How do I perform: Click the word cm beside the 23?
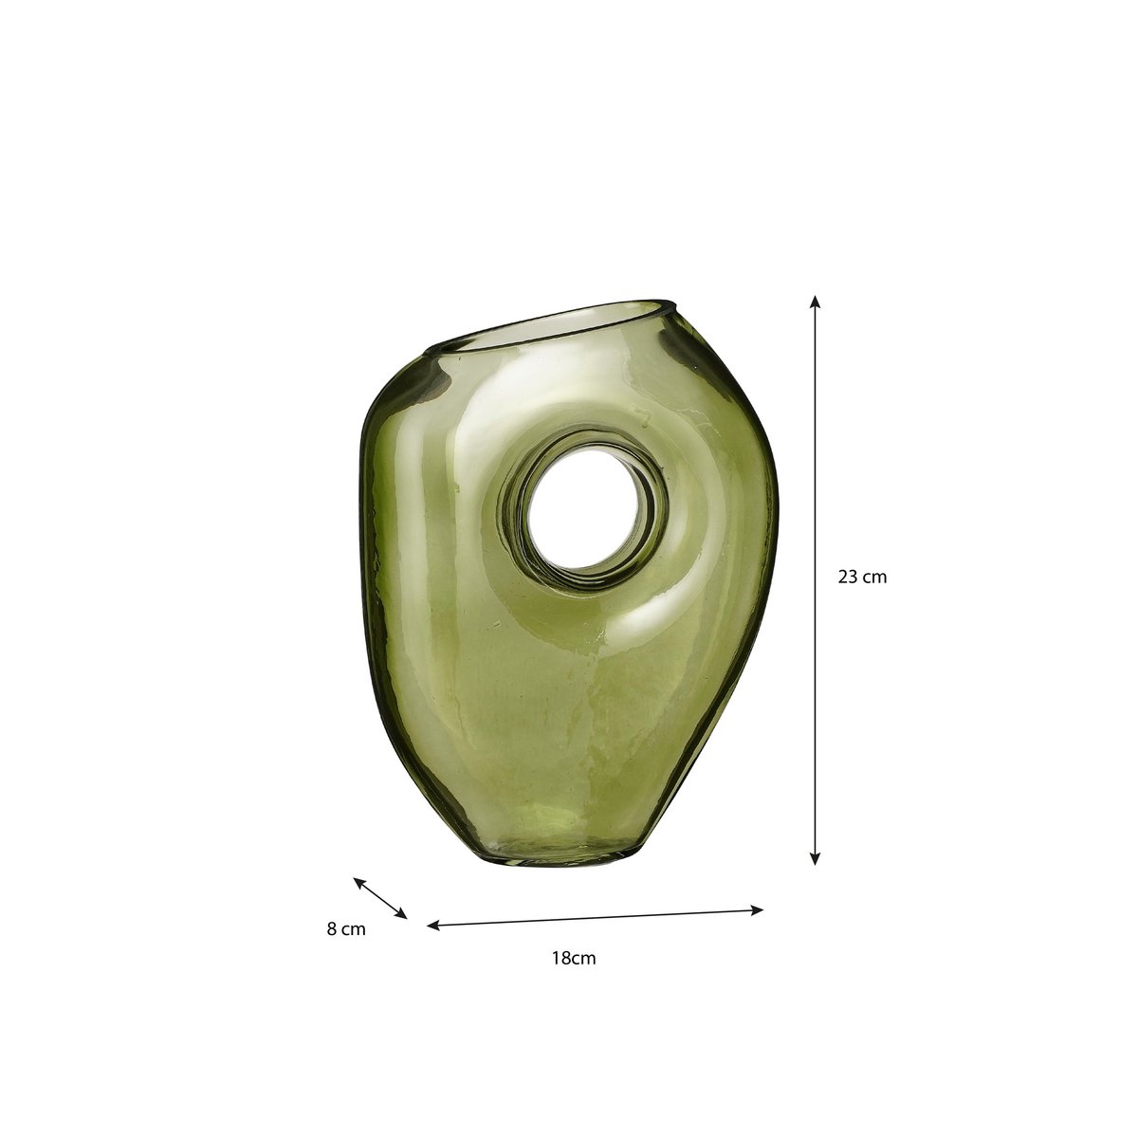874,576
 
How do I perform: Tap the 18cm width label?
574,958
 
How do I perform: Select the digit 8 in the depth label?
331,929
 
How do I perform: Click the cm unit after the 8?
352,929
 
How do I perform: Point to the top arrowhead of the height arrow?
815,301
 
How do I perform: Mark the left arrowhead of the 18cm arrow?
432,925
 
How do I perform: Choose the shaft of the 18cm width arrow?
596,918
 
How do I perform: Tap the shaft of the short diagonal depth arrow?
380,898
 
